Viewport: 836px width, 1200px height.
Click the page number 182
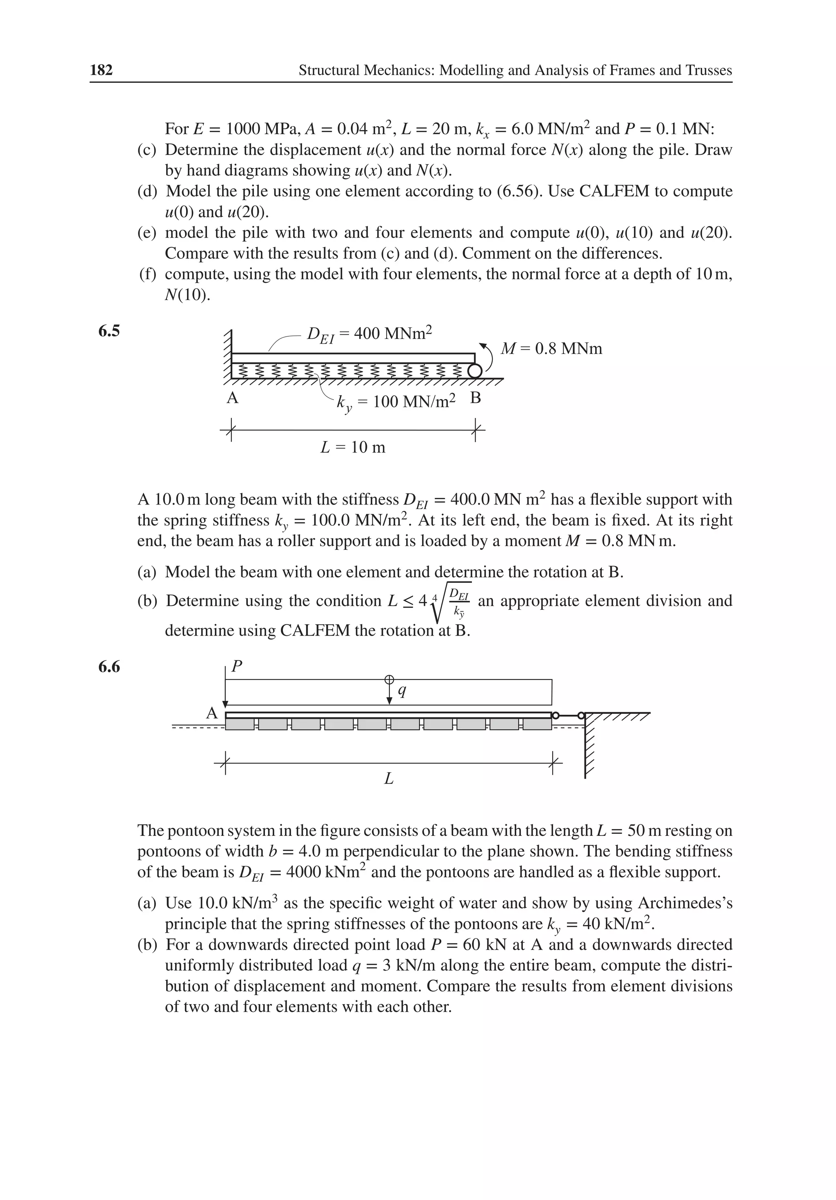tap(101, 70)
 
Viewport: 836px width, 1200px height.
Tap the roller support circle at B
tap(474, 371)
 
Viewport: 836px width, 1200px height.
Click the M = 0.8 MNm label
tap(551, 349)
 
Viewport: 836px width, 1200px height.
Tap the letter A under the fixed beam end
tap(232, 399)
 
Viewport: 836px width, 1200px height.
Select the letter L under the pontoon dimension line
tap(389, 779)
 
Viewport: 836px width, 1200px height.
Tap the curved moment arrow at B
tap(488, 356)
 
